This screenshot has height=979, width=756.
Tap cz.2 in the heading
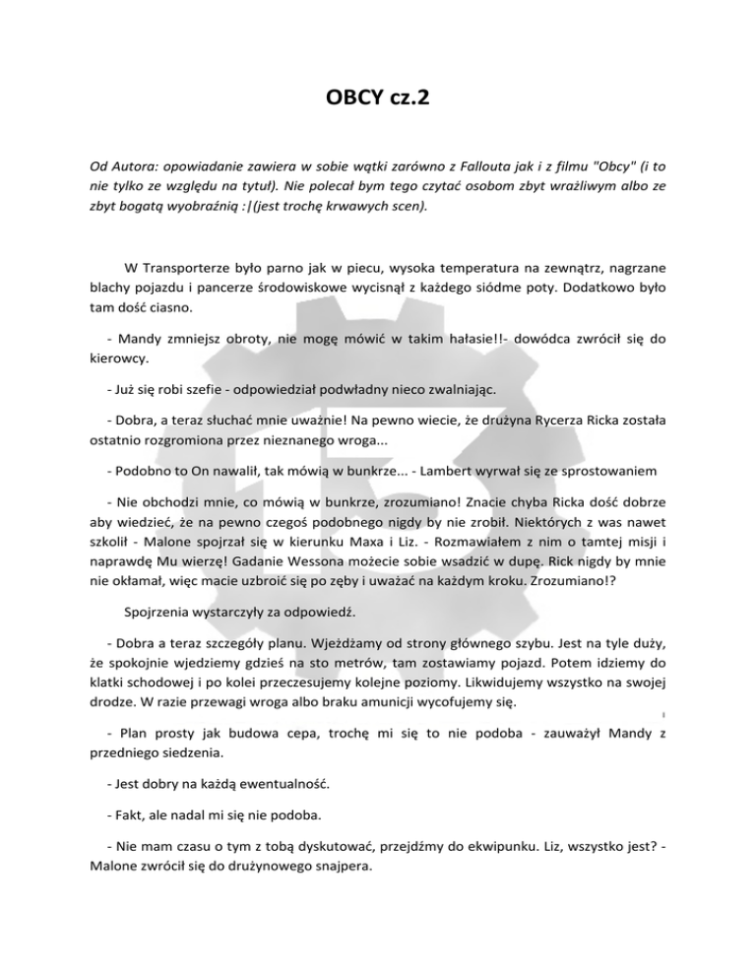pos(407,102)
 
